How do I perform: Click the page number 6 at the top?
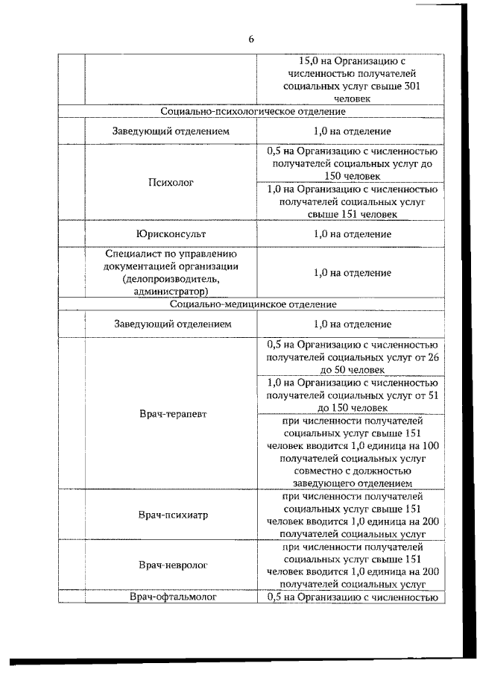point(251,40)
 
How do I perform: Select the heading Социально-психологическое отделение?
point(253,111)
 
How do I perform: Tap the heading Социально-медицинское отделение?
point(253,304)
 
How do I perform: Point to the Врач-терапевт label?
point(171,413)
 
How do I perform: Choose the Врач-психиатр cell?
point(171,515)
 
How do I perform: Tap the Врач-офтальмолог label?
point(171,597)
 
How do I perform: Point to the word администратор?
point(171,291)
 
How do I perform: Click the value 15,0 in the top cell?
point(309,60)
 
